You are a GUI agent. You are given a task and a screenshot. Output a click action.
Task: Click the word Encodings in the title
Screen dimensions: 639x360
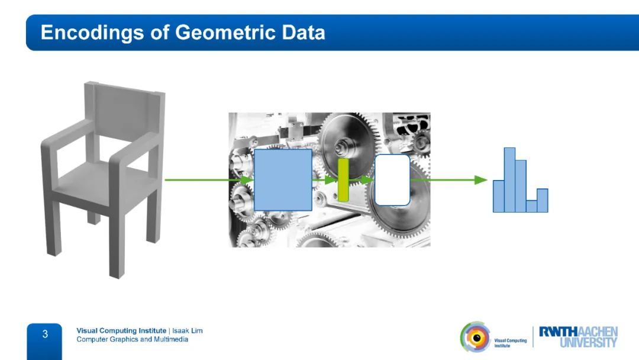[x=92, y=33]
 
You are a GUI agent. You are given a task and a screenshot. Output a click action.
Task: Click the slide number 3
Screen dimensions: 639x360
[x=45, y=335]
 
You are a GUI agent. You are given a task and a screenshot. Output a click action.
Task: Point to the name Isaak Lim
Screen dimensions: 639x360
[x=188, y=330]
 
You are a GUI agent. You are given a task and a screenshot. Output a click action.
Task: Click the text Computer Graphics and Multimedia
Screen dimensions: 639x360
[x=133, y=339]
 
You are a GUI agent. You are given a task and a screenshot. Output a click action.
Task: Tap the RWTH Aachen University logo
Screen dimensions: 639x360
[x=578, y=337]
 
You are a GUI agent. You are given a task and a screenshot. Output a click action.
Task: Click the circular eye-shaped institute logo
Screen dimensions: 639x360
[x=476, y=337]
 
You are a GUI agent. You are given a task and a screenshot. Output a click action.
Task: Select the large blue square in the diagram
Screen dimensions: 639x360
[x=283, y=180]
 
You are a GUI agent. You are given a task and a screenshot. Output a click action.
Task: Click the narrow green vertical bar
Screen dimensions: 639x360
[x=344, y=180]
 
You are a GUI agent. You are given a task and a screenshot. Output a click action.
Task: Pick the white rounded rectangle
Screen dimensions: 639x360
[x=392, y=180]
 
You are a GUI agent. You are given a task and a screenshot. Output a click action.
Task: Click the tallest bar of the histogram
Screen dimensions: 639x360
[x=510, y=180]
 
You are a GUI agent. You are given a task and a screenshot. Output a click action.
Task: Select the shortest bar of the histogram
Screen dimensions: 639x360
[x=531, y=206]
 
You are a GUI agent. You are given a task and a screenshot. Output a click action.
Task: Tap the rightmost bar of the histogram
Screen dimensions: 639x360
[x=543, y=201]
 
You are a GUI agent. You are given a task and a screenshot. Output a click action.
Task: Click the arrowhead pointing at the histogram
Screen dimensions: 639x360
[x=481, y=180]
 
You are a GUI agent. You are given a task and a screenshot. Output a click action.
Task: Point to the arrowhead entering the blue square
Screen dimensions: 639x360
[x=247, y=180]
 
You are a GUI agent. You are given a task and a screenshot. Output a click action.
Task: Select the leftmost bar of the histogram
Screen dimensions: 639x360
[x=498, y=196]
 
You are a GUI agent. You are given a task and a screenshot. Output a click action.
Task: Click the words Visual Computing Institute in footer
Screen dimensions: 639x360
[x=121, y=330]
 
